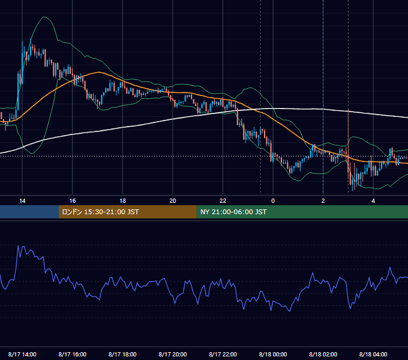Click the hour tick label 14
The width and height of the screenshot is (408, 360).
(x=22, y=201)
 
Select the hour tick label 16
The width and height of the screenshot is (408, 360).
(x=73, y=201)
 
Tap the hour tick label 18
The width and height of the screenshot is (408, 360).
(x=122, y=201)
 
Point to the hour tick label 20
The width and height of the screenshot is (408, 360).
(x=173, y=201)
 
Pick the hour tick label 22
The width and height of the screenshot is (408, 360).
(x=223, y=201)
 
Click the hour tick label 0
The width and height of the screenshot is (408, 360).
(x=273, y=201)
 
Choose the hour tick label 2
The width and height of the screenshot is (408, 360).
(x=323, y=201)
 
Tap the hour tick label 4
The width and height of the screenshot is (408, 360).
(x=373, y=201)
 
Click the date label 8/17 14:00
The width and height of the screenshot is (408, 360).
(x=22, y=354)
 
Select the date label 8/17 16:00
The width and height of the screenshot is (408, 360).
(x=73, y=354)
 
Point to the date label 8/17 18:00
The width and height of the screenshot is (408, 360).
(x=122, y=354)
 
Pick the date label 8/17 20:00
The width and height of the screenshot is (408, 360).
(x=173, y=354)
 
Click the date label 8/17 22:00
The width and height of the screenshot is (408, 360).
(x=223, y=354)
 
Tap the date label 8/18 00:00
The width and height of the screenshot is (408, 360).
(x=273, y=354)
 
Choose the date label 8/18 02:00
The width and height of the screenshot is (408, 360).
(x=323, y=354)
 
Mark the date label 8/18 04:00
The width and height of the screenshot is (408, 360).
(x=373, y=354)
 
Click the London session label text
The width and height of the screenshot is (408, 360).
(x=100, y=212)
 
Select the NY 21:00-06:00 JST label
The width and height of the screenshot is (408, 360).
(x=233, y=212)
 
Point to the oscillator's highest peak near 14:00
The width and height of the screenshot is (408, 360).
(x=18, y=245)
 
